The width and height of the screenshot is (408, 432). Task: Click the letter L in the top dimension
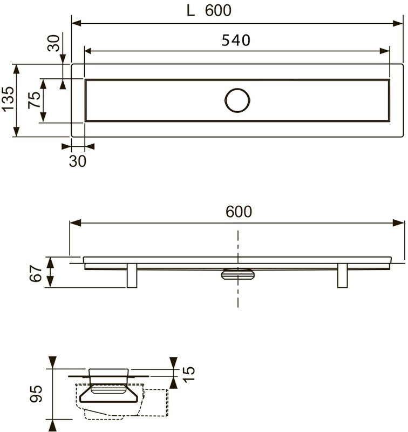click(x=191, y=11)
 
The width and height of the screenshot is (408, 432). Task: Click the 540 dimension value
click(x=236, y=40)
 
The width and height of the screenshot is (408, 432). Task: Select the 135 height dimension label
click(x=8, y=99)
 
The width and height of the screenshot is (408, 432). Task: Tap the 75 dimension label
click(x=34, y=100)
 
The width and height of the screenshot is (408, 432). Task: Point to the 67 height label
click(x=36, y=273)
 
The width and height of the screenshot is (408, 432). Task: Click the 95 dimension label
click(x=36, y=394)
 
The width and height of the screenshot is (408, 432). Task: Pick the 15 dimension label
click(x=189, y=374)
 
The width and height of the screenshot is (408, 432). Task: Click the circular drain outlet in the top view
click(x=237, y=100)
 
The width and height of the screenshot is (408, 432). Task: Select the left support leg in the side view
click(x=132, y=275)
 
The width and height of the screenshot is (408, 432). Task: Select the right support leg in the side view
click(x=342, y=275)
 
